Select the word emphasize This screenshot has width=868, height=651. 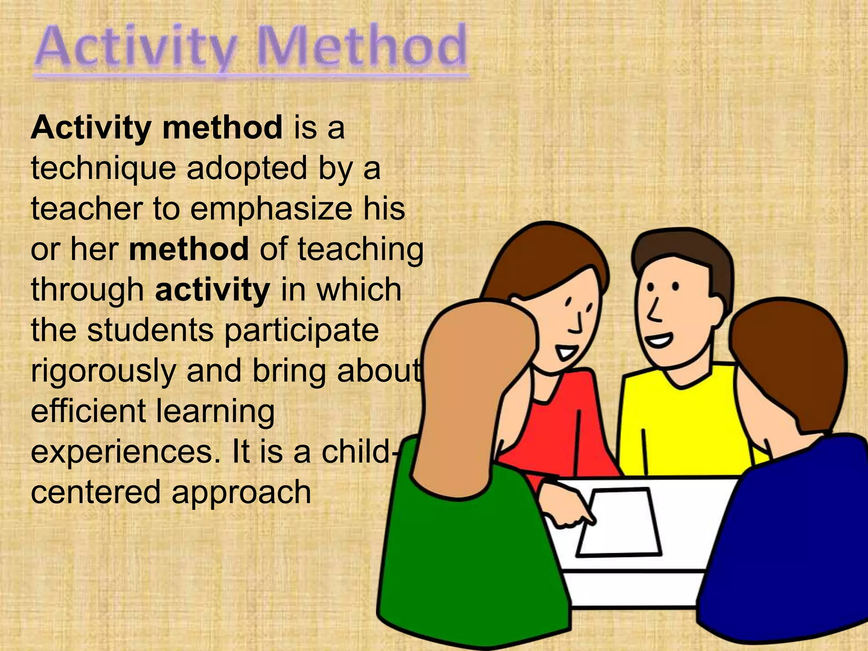click(271, 209)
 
